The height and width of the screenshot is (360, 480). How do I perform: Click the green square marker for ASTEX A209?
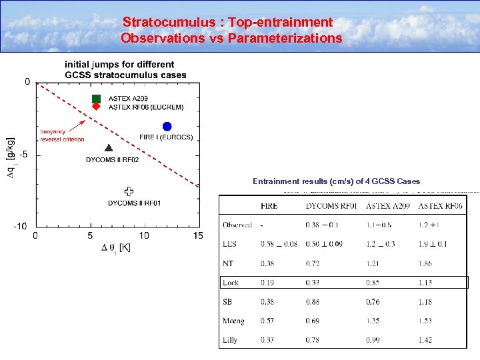tap(96, 99)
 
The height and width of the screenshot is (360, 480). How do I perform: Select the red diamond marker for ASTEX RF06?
tap(96, 107)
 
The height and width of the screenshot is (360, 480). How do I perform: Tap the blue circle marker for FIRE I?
tap(167, 127)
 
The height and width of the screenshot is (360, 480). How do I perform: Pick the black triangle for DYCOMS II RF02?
tap(109, 148)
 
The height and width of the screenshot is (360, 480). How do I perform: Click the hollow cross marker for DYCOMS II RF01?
tap(129, 191)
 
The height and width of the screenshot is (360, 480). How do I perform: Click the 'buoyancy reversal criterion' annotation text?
tap(62, 135)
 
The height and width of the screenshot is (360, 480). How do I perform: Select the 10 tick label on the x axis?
tap(144, 236)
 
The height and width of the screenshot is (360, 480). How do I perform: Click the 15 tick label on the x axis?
tap(198, 236)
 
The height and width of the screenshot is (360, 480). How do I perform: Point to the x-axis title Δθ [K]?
tap(116, 248)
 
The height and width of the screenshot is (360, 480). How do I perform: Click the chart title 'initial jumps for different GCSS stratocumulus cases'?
tap(125, 69)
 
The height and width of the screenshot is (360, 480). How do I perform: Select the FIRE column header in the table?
tap(269, 206)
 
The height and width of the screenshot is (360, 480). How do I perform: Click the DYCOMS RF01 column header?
tap(331, 206)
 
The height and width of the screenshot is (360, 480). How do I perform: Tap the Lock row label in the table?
tap(231, 283)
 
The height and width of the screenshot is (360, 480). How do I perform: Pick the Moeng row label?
tap(233, 321)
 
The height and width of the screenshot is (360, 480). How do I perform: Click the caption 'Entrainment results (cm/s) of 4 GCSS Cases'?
tap(336, 181)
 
